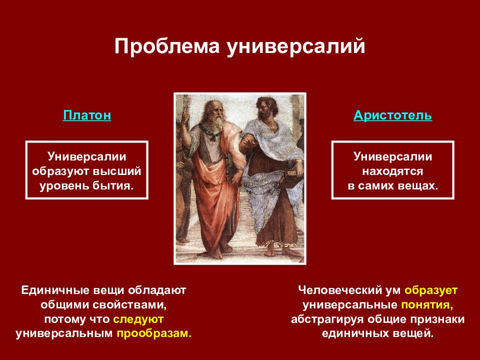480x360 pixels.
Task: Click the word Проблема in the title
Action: coord(167,46)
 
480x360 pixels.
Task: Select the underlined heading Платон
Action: coord(87,115)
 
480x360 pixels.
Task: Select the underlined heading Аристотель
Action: coord(393,115)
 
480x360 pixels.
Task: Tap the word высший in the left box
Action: coord(117,171)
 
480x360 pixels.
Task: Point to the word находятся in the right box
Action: coord(393,171)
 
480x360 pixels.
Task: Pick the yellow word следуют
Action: coord(138,319)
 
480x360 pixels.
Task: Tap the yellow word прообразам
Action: coord(154,333)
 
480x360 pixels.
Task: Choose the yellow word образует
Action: coord(431,290)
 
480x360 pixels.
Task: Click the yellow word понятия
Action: coord(427,305)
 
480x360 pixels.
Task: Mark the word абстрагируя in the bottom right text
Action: coord(327,319)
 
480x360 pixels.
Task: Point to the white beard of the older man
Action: coord(217,122)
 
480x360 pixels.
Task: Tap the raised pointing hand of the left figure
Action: coord(185,118)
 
